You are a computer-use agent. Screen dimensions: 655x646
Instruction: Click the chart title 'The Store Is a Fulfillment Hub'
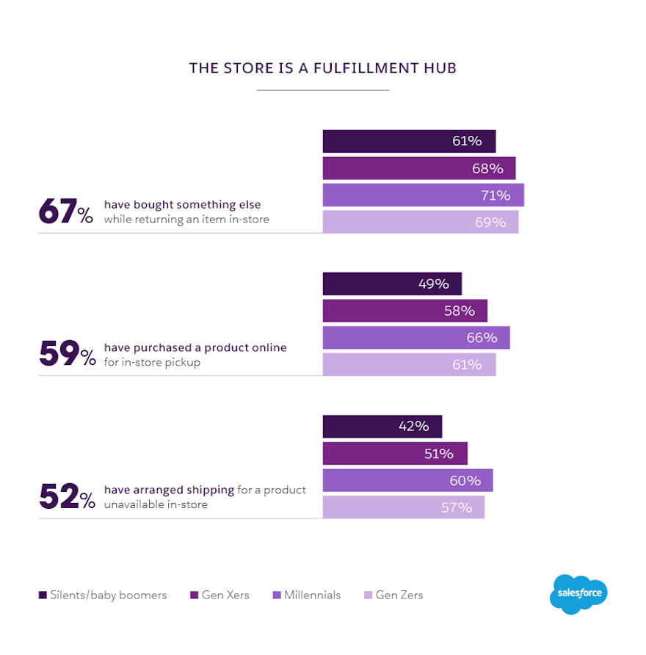pyautogui.click(x=323, y=68)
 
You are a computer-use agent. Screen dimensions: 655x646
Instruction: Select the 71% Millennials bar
pyautogui.click(x=423, y=195)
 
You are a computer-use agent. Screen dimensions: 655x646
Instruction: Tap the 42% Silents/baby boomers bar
pyautogui.click(x=382, y=427)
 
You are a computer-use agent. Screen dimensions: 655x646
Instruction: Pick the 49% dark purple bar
pyautogui.click(x=392, y=284)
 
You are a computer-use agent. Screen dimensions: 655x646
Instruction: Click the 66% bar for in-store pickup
pyautogui.click(x=415, y=338)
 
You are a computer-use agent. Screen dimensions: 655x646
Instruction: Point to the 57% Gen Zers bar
pyautogui.click(x=403, y=507)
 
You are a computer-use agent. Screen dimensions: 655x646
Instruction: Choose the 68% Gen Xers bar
pyautogui.click(x=418, y=168)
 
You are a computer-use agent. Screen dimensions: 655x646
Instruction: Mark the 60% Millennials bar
pyautogui.click(x=407, y=481)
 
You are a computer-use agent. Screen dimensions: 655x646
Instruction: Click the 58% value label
pyautogui.click(x=459, y=311)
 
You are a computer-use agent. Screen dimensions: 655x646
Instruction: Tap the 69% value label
pyautogui.click(x=490, y=222)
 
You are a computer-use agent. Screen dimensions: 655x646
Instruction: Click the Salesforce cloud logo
pyautogui.click(x=578, y=593)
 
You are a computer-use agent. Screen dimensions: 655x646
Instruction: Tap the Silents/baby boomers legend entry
pyautogui.click(x=103, y=595)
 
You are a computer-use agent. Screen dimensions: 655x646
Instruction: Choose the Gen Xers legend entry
pyautogui.click(x=219, y=595)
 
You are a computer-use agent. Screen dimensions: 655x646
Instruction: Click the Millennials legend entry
pyautogui.click(x=306, y=595)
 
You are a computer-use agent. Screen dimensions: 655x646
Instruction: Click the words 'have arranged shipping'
pyautogui.click(x=169, y=490)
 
